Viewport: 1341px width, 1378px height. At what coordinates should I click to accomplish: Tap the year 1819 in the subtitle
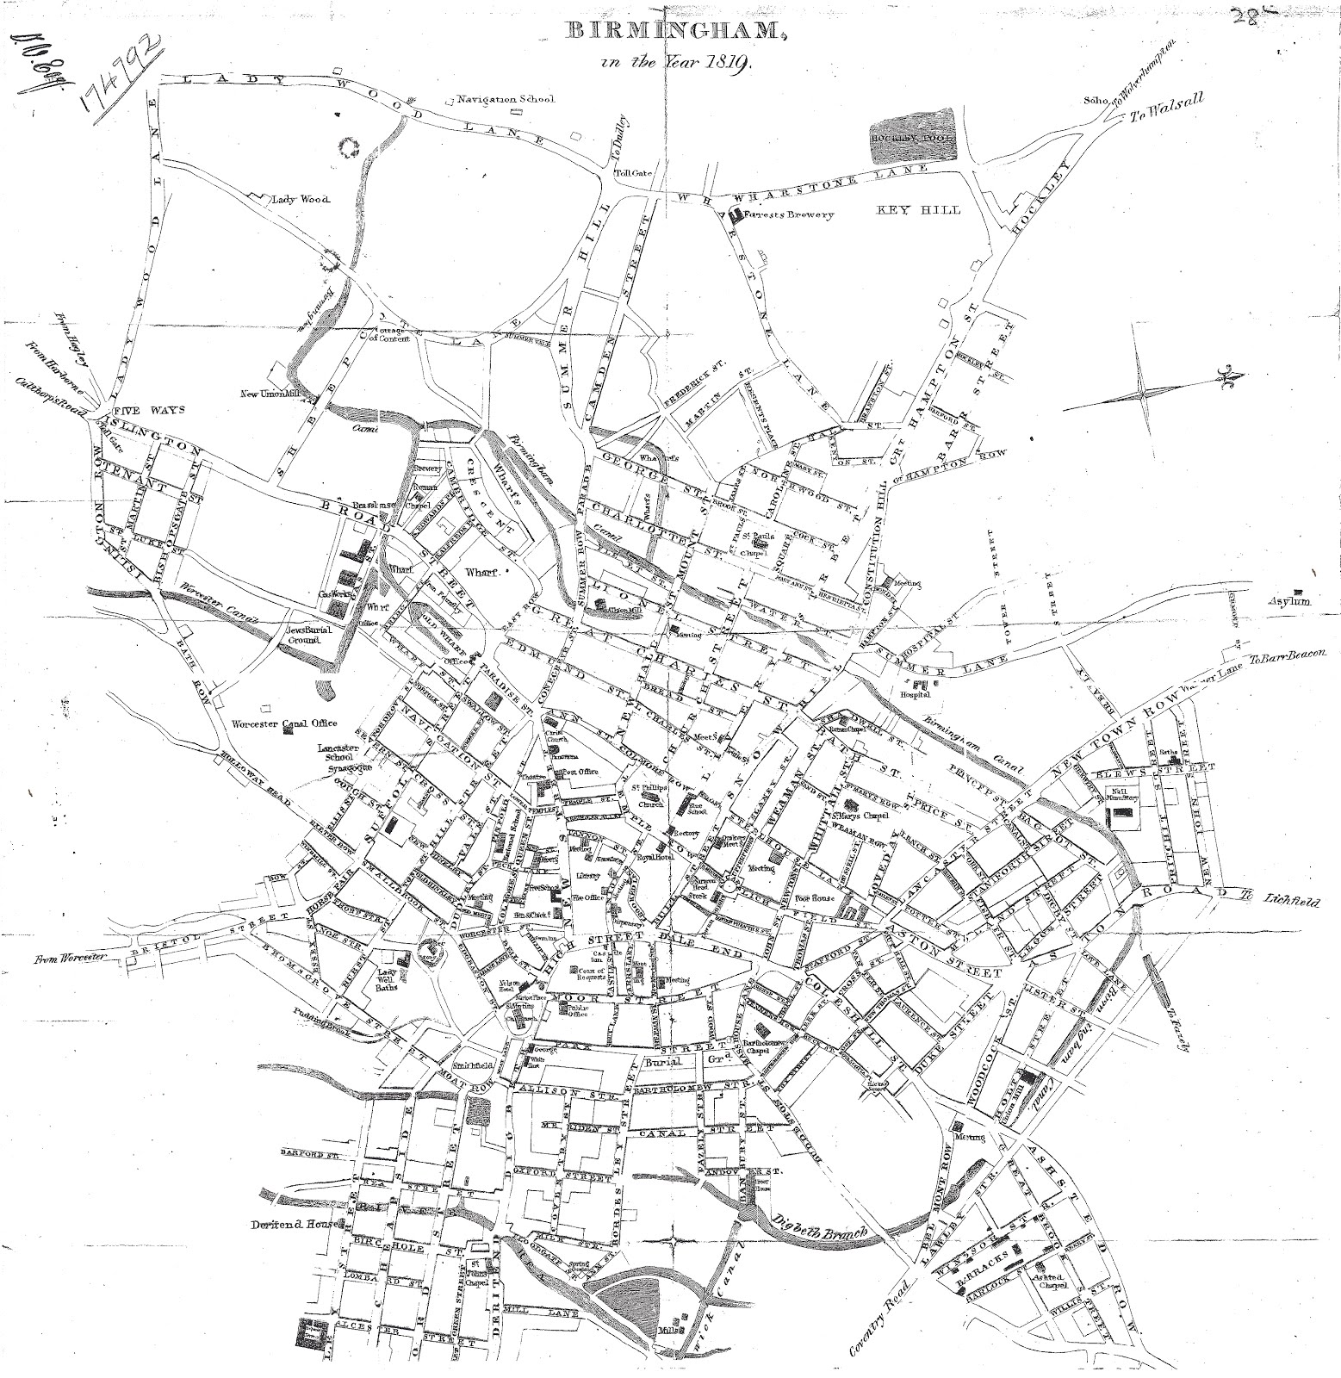coord(731,63)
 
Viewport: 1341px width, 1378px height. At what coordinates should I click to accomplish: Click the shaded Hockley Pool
coord(910,136)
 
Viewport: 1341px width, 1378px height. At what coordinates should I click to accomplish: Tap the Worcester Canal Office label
coord(284,723)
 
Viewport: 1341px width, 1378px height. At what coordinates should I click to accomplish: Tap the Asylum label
coord(1289,602)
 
